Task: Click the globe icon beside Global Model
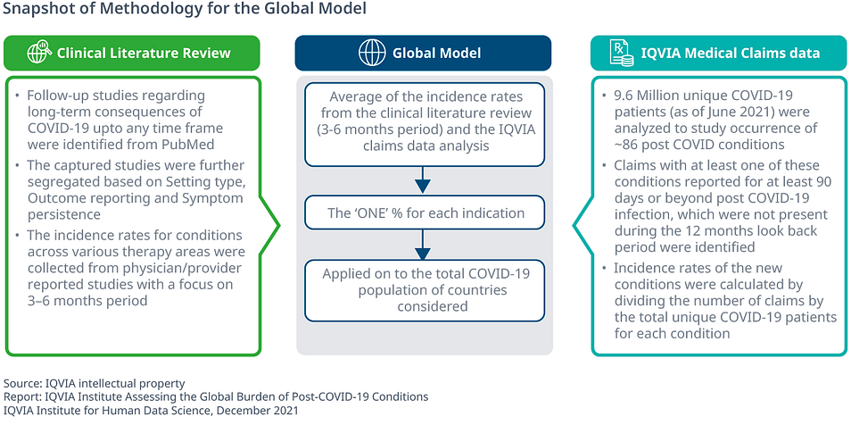pos(371,53)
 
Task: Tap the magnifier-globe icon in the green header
pos(39,53)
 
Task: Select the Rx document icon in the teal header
pos(622,53)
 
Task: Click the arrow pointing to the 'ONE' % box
pos(423,179)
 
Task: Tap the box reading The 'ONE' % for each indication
pos(424,212)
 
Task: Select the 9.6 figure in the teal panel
pos(624,96)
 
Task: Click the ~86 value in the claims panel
pos(627,146)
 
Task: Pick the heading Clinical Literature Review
pos(144,54)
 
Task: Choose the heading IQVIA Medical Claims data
pos(730,54)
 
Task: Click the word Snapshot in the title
pos(34,9)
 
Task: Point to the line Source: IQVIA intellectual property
pos(95,383)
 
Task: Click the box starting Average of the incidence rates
pos(424,124)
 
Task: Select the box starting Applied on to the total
pos(424,290)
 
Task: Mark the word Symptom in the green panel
pos(221,198)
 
